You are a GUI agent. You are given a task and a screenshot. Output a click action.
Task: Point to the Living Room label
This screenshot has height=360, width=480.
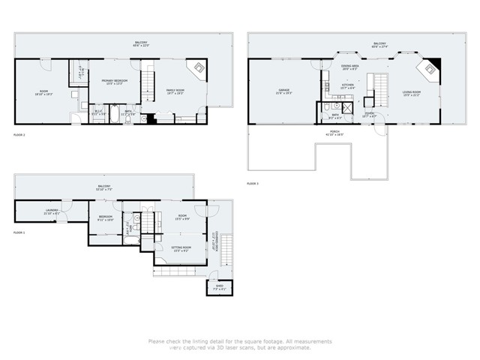[x=412, y=94]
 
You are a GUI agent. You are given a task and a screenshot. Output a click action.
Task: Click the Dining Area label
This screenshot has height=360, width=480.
[x=349, y=67]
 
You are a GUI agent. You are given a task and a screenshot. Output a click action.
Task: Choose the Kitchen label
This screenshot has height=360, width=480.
[x=347, y=86]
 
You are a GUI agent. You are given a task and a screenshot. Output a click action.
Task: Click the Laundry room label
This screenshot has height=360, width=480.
[x=51, y=212]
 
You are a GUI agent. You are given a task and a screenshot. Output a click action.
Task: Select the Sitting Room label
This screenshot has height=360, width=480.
[x=182, y=247]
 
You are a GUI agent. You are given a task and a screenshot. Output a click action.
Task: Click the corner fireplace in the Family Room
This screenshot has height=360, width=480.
[x=200, y=70]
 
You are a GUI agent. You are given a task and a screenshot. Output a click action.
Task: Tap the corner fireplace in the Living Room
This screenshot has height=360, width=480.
[x=432, y=71]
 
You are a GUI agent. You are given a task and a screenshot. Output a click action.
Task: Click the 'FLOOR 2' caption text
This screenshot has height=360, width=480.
[x=19, y=135]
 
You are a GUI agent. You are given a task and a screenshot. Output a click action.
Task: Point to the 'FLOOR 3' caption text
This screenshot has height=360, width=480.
[x=253, y=183]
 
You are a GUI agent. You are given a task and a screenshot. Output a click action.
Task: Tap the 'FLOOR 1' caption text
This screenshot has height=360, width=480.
[x=19, y=233]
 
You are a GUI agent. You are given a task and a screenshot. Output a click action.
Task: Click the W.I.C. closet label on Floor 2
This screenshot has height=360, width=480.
[x=97, y=112]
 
